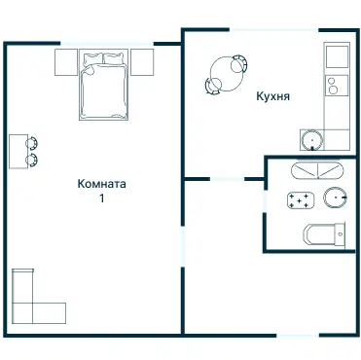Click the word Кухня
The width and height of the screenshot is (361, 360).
click(x=272, y=96)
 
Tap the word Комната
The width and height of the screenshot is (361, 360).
click(x=101, y=184)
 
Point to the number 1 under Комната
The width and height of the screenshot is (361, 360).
click(x=102, y=198)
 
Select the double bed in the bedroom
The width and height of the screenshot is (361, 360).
click(x=104, y=85)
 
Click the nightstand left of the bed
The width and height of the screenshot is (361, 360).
click(x=66, y=62)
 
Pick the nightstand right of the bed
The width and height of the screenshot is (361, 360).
click(x=142, y=62)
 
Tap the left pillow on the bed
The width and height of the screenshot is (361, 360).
click(x=93, y=58)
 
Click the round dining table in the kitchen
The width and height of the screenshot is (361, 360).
click(x=227, y=74)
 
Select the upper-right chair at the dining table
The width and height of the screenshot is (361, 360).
click(x=240, y=63)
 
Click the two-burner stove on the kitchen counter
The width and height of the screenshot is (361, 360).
click(x=338, y=85)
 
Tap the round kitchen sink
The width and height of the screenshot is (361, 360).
click(x=312, y=140)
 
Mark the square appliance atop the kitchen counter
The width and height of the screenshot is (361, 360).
click(x=338, y=56)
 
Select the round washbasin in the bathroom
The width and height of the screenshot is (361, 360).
click(x=336, y=198)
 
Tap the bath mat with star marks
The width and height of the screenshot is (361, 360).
click(x=301, y=200)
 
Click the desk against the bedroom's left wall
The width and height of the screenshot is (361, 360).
click(x=18, y=152)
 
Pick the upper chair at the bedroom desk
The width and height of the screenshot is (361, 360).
click(x=32, y=143)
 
